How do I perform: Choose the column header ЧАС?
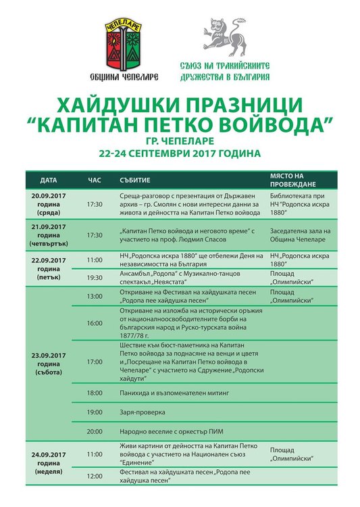tap(95, 181)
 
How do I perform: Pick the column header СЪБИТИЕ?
tap(134, 181)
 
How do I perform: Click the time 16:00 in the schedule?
tap(95, 323)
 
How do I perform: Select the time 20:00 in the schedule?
tap(95, 431)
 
